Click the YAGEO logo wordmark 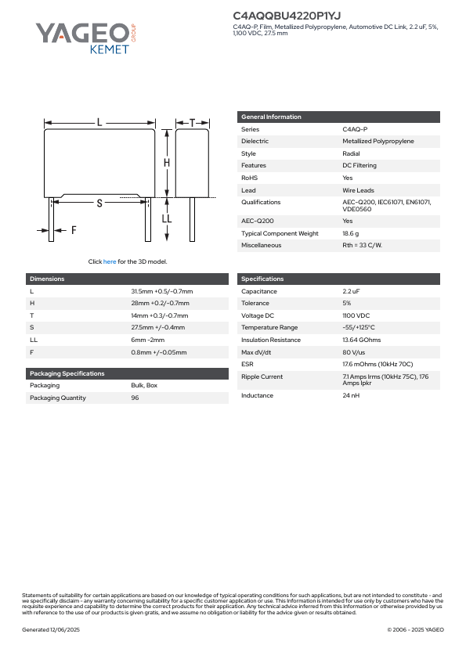(81, 32)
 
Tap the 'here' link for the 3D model (110, 261)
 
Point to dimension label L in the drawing (99, 122)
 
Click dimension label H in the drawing (167, 163)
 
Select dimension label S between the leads (99, 203)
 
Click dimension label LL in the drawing (167, 219)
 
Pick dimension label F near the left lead (74, 230)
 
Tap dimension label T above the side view (193, 123)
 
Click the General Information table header (271, 117)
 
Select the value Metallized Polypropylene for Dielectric (378, 141)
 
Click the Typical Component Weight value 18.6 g (350, 233)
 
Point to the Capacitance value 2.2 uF (351, 291)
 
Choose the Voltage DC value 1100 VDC (356, 315)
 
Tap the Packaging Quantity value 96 (134, 398)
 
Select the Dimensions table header (47, 279)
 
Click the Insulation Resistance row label (270, 340)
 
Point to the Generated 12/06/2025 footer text (51, 629)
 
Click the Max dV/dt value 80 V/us (354, 352)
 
